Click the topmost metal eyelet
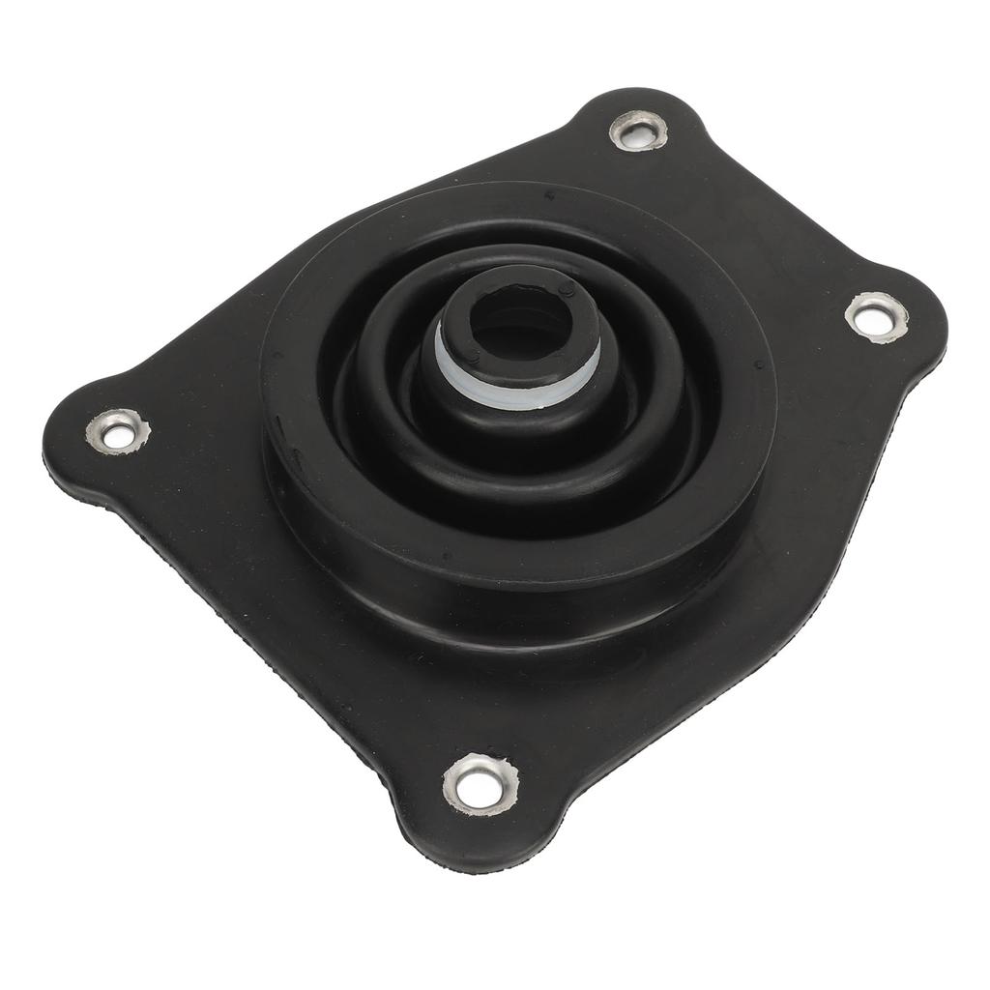pos(638,131)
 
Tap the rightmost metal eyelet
pos(877,317)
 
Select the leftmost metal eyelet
pos(118,431)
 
